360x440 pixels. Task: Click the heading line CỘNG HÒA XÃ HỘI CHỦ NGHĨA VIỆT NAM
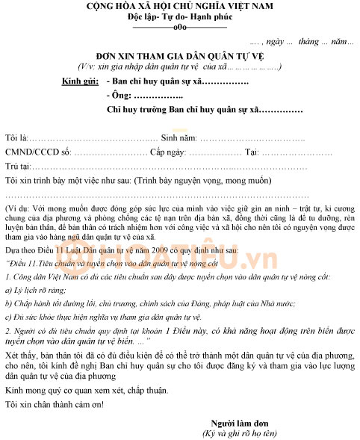179,6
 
